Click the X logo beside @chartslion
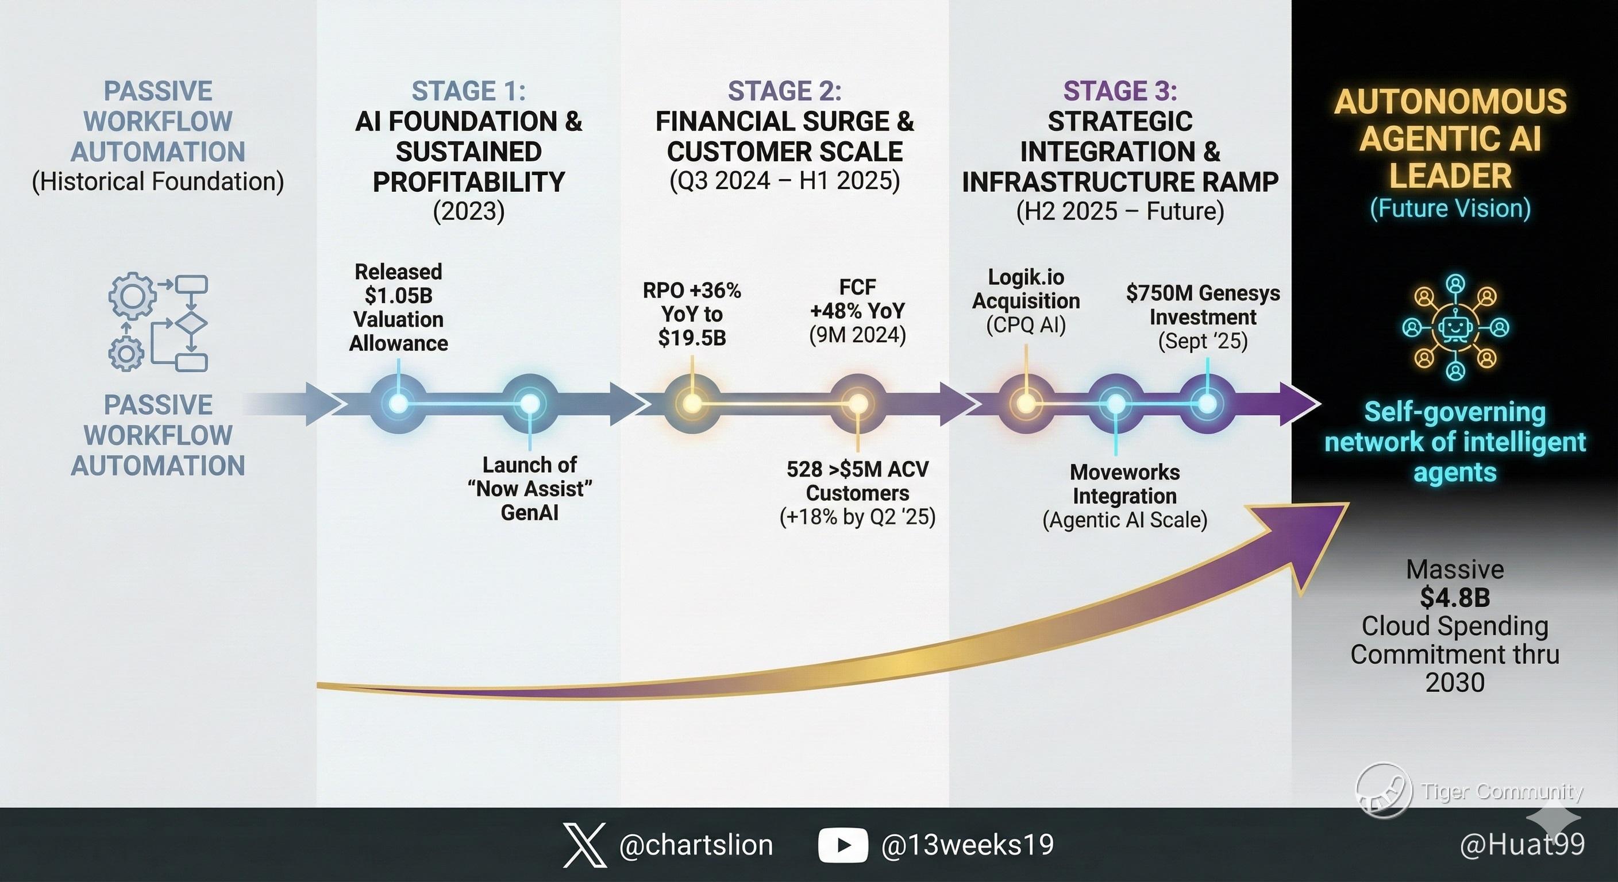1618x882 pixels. click(585, 845)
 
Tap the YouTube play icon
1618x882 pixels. click(843, 845)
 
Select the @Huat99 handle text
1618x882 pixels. click(1522, 844)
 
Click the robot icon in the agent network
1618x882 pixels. click(1455, 327)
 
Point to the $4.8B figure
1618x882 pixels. click(1455, 598)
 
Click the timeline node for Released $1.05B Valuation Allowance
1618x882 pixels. click(398, 403)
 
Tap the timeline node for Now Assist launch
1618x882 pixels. click(530, 403)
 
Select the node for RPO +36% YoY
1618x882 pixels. click(692, 403)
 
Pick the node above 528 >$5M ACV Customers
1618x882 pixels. click(857, 403)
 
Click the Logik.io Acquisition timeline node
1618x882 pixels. click(1025, 403)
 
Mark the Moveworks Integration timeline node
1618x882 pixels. click(1115, 403)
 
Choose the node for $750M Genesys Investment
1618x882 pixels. click(1207, 403)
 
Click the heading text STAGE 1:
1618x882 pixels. click(469, 91)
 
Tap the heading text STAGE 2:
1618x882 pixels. click(784, 91)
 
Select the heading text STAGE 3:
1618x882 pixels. click(1120, 91)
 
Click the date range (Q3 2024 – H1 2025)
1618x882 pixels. click(784, 181)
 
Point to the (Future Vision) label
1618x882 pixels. click(1450, 208)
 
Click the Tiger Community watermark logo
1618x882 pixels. click(1384, 791)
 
